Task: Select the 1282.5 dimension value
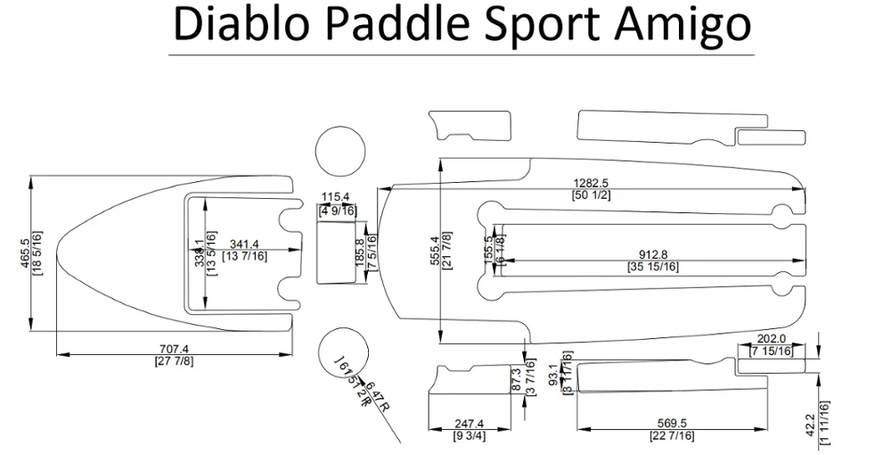point(591,183)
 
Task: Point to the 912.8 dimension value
point(653,254)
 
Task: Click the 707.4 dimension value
point(174,349)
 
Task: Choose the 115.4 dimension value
point(336,197)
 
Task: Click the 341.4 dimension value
point(243,244)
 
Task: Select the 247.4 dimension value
point(468,424)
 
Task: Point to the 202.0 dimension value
point(771,339)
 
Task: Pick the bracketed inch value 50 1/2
point(591,194)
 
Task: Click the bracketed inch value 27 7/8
point(174,360)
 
